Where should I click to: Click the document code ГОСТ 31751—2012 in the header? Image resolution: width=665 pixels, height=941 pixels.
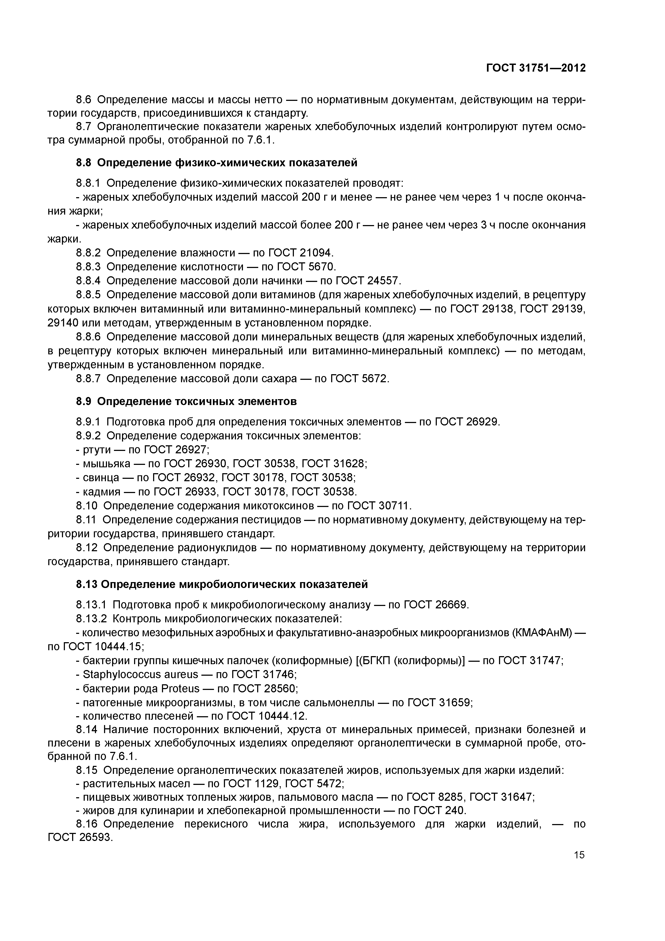pyautogui.click(x=536, y=68)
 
